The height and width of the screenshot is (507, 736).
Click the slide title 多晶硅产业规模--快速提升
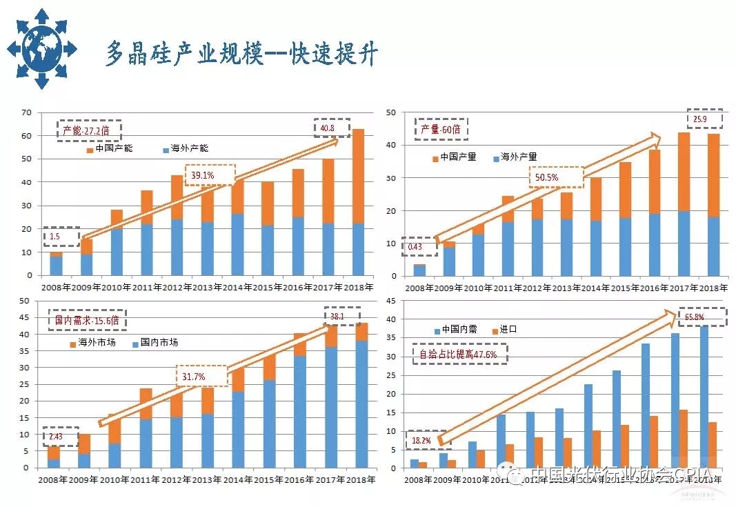[241, 54]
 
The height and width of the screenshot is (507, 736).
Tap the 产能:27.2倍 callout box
[89, 130]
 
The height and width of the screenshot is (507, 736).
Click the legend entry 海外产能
[186, 149]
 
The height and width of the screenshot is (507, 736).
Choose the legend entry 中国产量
[455, 157]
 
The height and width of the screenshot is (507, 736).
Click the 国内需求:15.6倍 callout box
[87, 321]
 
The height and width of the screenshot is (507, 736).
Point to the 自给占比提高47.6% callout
[460, 354]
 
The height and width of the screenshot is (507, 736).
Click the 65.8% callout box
[702, 317]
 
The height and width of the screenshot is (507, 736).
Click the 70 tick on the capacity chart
[27, 112]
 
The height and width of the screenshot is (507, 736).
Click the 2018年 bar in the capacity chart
[358, 201]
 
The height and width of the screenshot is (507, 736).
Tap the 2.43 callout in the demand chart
[60, 437]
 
